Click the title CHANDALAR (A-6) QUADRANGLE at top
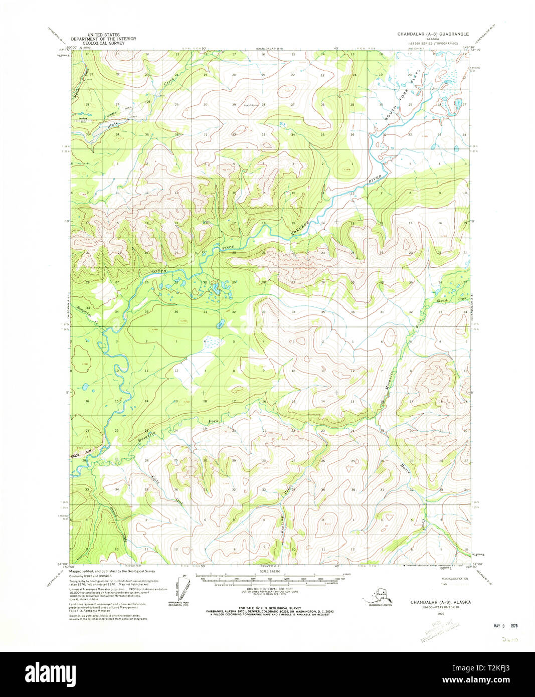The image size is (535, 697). (433, 34)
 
